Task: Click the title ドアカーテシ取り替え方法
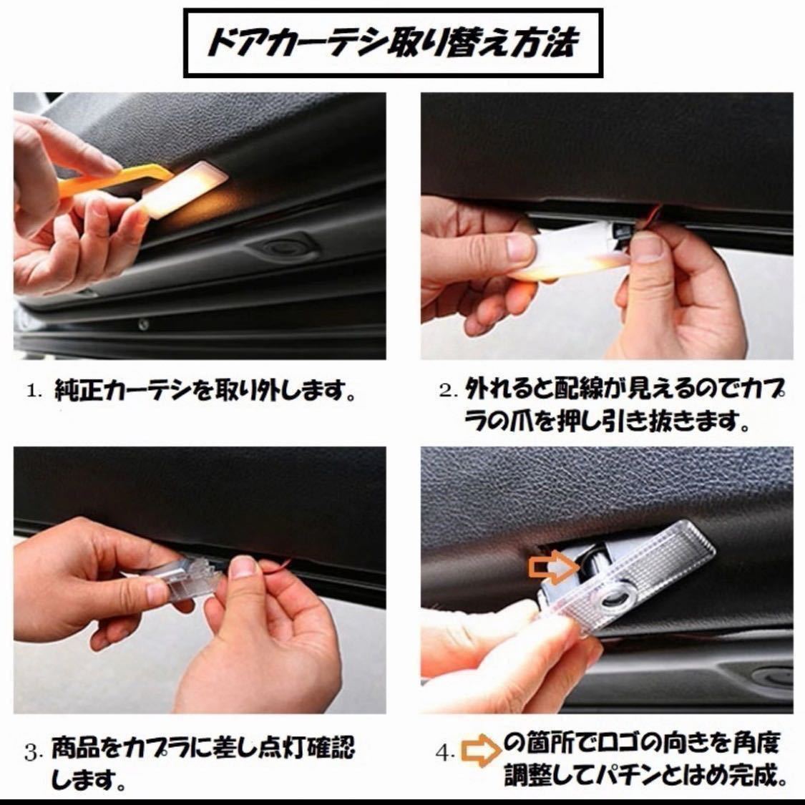pos(393,42)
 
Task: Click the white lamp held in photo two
pos(570,253)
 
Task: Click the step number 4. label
pos(444,753)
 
